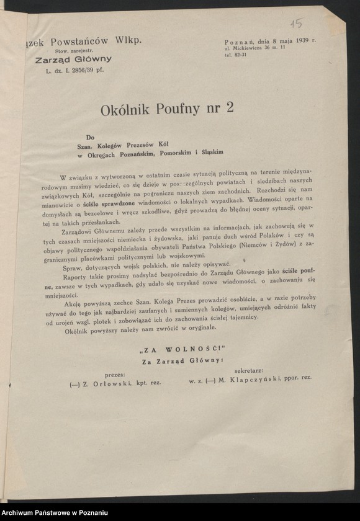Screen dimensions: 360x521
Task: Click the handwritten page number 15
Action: [x=297, y=24]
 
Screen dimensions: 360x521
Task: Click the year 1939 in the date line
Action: [x=300, y=41]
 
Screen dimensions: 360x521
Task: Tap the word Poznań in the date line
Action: [x=239, y=41]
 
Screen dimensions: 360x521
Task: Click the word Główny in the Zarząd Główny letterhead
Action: [x=91, y=59]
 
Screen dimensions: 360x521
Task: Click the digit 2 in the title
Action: [x=230, y=109]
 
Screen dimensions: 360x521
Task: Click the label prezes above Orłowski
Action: [x=114, y=375]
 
